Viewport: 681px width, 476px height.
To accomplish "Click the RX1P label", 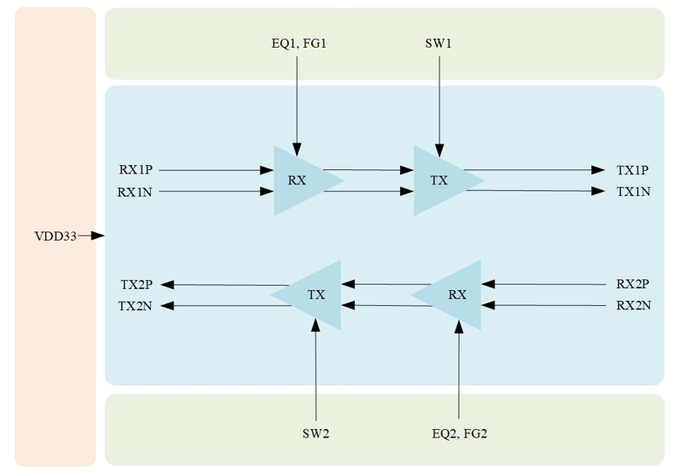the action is pyautogui.click(x=136, y=169).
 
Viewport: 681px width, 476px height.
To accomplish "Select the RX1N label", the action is pyautogui.click(x=135, y=192).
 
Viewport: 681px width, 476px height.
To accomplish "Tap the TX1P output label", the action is pyautogui.click(x=632, y=170).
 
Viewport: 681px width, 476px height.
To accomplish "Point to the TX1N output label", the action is pyautogui.click(x=634, y=191).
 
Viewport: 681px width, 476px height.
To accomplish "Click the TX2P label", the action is pyautogui.click(x=137, y=285).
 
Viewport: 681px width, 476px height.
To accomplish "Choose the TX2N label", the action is pyautogui.click(x=135, y=306).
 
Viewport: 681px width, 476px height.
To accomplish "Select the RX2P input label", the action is pyautogui.click(x=633, y=284).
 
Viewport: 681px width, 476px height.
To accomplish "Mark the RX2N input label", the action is pyautogui.click(x=634, y=306).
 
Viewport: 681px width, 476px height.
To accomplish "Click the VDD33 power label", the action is pyautogui.click(x=55, y=236).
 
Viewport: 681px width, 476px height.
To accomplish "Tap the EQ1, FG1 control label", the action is pyautogui.click(x=299, y=44).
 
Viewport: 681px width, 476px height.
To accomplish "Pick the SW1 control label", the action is pyautogui.click(x=439, y=44).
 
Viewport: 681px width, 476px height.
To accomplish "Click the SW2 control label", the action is pyautogui.click(x=315, y=433).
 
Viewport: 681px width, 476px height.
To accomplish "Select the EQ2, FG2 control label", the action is pyautogui.click(x=460, y=433).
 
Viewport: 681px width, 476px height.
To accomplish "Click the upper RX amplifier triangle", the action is pyautogui.click(x=299, y=180).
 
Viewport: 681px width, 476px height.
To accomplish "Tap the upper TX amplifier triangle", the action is pyautogui.click(x=440, y=180).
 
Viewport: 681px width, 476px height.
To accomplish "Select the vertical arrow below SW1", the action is pyautogui.click(x=439, y=106).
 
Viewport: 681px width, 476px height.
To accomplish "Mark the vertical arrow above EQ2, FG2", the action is pyautogui.click(x=459, y=370).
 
